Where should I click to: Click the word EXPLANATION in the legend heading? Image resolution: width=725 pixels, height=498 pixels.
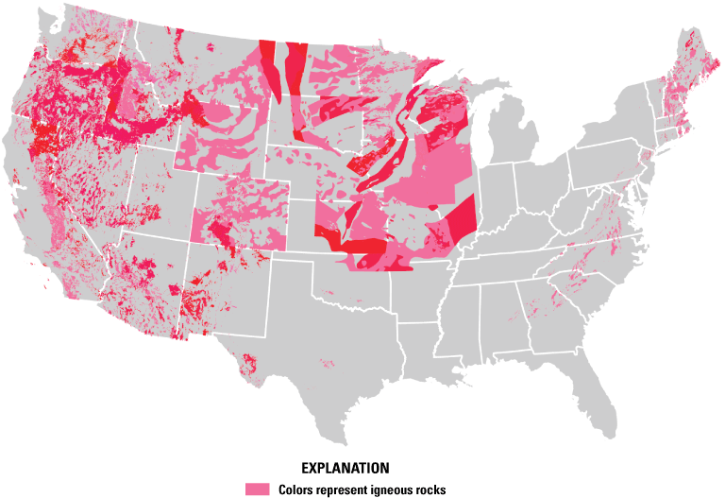[x=345, y=468]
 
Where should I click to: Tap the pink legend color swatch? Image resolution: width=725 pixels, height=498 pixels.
[x=257, y=489]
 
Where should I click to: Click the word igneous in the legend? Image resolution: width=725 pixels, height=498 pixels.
[x=386, y=489]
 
